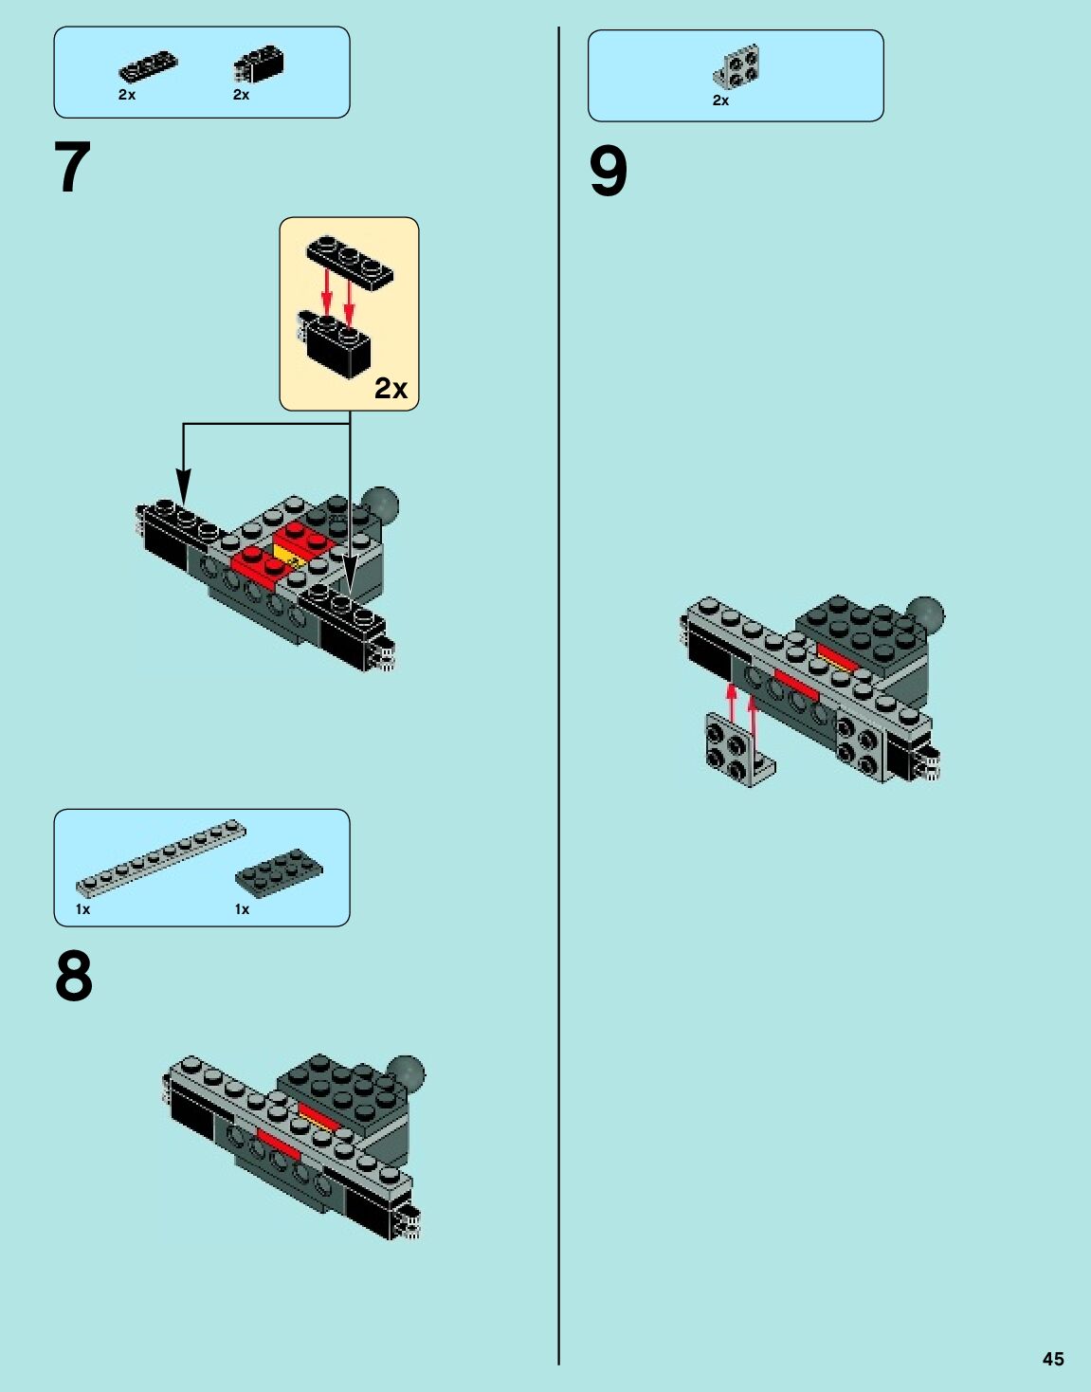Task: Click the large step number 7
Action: click(72, 167)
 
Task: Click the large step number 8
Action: click(74, 977)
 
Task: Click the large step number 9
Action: click(608, 172)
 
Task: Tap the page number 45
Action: click(1053, 1359)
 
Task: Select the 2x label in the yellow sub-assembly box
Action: click(391, 388)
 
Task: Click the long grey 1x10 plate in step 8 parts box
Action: click(161, 858)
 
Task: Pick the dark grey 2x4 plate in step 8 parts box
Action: click(280, 872)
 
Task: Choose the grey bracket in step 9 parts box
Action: click(736, 66)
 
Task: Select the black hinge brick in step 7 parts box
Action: click(259, 64)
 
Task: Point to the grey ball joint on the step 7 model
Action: click(380, 504)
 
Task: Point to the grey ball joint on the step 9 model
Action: click(926, 615)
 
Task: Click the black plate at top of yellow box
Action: click(350, 263)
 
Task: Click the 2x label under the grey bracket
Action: click(721, 101)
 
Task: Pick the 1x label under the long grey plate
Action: click(82, 909)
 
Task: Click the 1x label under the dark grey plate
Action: click(242, 909)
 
